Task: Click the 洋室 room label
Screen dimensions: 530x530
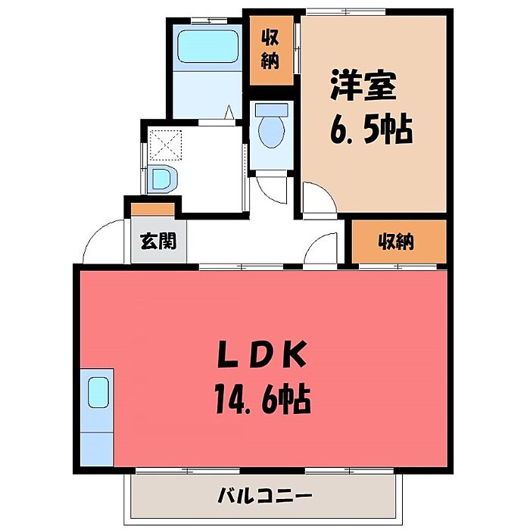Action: point(363,85)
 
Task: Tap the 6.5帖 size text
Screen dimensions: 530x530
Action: point(371,129)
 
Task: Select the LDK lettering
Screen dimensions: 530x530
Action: point(262,354)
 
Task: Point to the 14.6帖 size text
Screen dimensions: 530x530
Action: point(263,398)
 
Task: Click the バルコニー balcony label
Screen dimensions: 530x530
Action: point(265,496)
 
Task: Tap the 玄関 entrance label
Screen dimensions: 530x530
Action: point(158,241)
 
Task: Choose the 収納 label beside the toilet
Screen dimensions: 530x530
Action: point(271,49)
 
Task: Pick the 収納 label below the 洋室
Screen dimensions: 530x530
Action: point(396,242)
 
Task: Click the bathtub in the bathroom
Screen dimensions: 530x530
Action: point(208,46)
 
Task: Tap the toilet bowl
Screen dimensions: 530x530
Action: point(271,132)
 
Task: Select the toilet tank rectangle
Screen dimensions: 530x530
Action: point(271,110)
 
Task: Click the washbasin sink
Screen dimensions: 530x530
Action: point(162,179)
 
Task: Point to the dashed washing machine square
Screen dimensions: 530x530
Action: point(166,145)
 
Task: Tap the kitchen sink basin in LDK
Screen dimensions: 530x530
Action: point(98,392)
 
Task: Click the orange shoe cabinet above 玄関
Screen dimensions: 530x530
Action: point(153,209)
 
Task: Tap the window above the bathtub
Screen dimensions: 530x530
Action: point(209,21)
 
